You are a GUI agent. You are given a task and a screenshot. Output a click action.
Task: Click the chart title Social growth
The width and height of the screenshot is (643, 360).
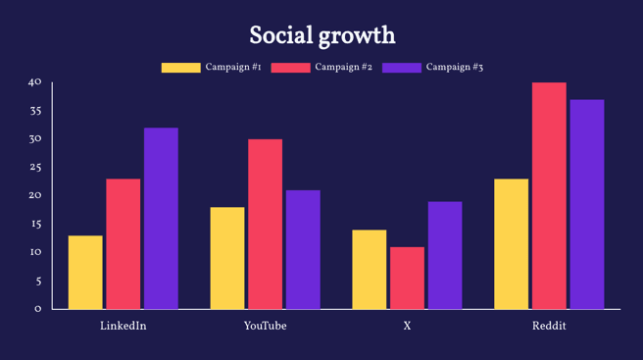321,36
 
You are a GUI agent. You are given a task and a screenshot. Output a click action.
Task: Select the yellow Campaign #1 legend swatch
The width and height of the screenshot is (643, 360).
180,68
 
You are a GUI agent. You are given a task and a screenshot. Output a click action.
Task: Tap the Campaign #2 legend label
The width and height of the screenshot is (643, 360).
343,68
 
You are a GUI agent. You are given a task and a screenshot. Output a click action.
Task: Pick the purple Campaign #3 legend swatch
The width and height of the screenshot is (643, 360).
401,68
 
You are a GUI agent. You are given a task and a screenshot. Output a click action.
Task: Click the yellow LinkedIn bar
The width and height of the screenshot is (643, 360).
85,273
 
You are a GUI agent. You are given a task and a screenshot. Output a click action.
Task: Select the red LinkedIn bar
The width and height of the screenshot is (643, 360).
124,244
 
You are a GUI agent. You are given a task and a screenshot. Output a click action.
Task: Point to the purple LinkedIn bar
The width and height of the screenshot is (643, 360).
161,219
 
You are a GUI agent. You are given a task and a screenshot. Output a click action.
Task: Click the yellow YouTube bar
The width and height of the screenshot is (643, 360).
227,258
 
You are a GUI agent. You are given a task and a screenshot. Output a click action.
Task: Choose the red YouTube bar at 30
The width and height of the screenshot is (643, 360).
265,225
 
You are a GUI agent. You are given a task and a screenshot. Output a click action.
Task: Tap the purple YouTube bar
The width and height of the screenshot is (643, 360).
303,250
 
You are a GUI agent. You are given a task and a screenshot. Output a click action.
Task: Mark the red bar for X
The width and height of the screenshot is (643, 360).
407,278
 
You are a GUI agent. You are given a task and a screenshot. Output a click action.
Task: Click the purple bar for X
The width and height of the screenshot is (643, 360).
445,255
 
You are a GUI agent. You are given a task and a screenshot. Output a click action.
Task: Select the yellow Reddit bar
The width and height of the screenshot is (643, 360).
511,244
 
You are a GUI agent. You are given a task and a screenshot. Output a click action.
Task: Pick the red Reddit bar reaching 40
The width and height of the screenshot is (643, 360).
549,196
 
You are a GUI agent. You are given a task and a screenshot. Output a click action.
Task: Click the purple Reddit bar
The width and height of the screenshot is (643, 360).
587,204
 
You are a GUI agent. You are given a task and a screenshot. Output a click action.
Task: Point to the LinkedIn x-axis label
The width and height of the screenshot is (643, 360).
124,326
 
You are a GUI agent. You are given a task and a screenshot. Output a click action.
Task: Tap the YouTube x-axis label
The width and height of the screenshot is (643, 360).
265,326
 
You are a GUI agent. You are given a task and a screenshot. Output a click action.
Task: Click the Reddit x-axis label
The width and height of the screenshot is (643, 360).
549,326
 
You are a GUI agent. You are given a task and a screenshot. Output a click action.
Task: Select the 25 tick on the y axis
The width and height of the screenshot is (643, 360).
35,168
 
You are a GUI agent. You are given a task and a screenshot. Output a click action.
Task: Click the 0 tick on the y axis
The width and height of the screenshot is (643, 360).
38,309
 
